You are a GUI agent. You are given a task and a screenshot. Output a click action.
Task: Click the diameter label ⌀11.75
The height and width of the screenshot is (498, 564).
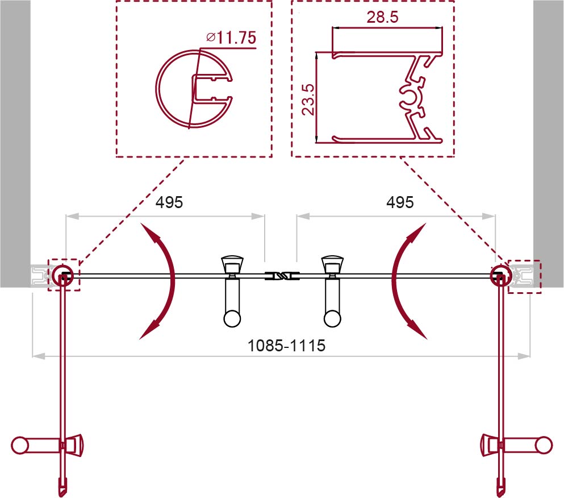click(x=231, y=38)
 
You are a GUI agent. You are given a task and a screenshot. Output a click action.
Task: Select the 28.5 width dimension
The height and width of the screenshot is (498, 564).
click(x=382, y=16)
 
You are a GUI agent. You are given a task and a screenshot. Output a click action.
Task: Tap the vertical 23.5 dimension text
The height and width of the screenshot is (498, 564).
click(x=308, y=99)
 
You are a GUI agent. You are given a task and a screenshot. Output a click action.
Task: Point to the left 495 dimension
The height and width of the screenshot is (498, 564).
click(x=169, y=202)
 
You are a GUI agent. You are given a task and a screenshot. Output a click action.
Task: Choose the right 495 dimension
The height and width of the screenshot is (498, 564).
click(x=400, y=202)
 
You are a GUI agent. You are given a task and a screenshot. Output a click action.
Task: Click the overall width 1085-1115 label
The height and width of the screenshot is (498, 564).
click(x=287, y=346)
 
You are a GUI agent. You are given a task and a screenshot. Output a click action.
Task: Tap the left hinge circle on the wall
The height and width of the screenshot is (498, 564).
click(x=62, y=275)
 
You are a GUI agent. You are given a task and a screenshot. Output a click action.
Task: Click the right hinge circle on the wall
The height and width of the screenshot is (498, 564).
click(x=501, y=275)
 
